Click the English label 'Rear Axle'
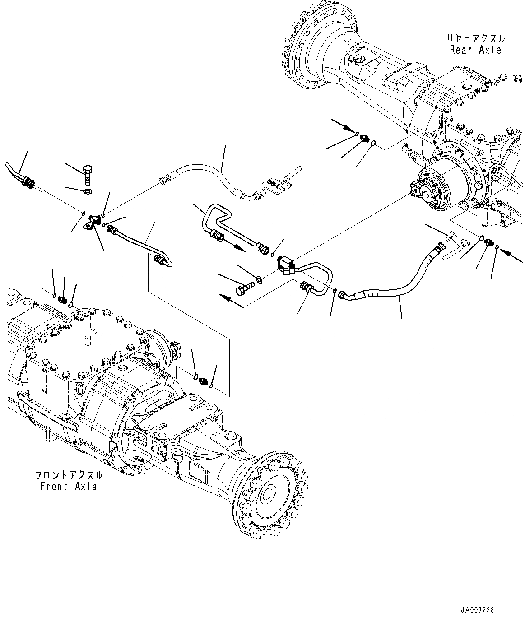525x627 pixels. click(x=475, y=50)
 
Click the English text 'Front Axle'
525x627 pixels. click(x=68, y=487)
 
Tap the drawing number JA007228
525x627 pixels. click(x=478, y=610)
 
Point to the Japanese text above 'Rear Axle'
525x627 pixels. click(x=475, y=39)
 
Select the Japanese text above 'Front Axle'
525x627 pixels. click(x=68, y=475)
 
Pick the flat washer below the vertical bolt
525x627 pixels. click(x=88, y=193)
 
